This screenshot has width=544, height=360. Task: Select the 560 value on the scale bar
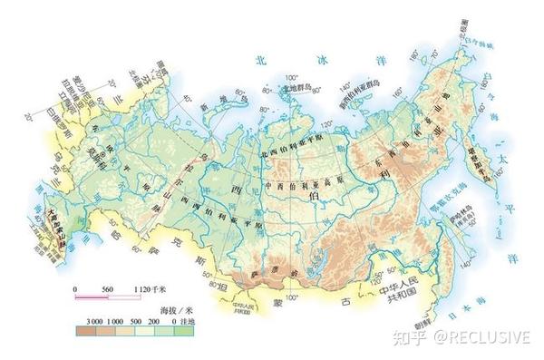click(110, 288)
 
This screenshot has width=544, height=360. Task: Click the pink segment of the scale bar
click(92, 296)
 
